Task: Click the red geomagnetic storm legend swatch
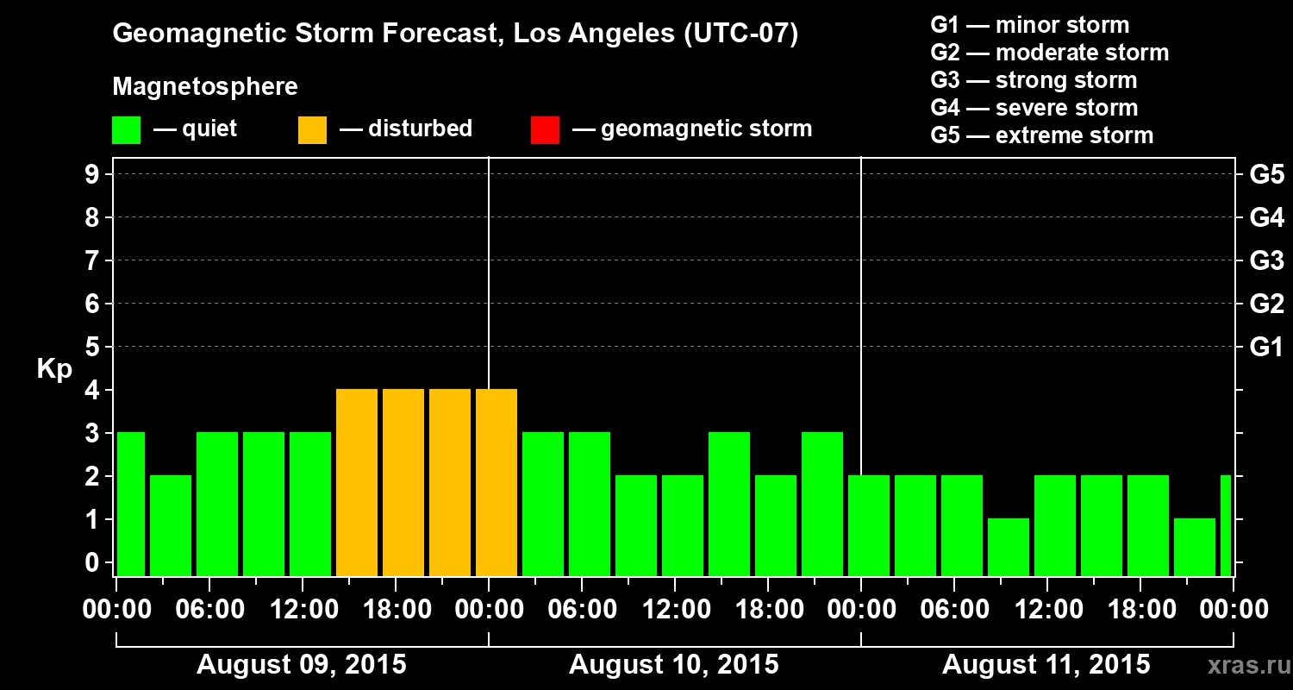tap(545, 129)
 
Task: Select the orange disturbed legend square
tap(312, 129)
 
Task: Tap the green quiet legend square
tap(126, 129)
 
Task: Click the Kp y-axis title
tap(54, 369)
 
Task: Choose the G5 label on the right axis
tap(1266, 174)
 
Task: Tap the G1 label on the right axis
tap(1266, 347)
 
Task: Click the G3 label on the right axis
tap(1266, 260)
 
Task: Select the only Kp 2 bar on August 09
tap(171, 525)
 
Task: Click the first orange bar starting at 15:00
tap(357, 482)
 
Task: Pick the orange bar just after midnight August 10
tap(497, 482)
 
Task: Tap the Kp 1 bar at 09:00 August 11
tap(1009, 547)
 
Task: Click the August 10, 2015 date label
tap(673, 665)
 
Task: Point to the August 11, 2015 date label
tap(1046, 665)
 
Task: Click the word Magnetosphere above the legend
tap(205, 87)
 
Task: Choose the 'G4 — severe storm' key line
tap(1034, 108)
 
